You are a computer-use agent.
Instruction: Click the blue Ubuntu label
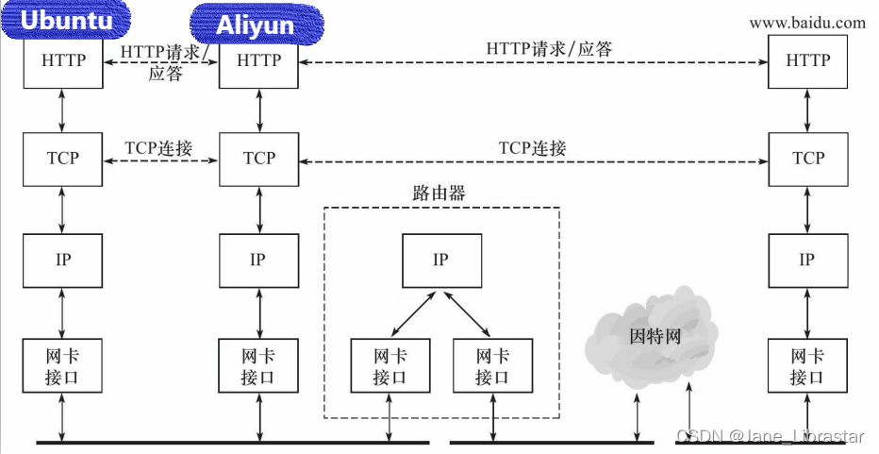(65, 21)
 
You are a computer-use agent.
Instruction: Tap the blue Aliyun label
(257, 24)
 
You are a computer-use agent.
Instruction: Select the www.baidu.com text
(806, 23)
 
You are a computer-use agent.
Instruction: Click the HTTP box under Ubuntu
(63, 60)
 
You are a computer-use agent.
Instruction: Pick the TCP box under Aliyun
(258, 158)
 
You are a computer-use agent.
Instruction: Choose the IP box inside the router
(440, 260)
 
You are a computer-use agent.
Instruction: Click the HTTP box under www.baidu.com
(807, 60)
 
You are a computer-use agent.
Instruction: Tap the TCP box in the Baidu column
(807, 158)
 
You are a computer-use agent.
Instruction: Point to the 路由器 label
(439, 193)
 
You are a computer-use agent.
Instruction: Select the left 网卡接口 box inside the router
(390, 365)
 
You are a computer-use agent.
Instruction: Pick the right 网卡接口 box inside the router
(491, 365)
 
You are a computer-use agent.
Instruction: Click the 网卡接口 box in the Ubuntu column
(63, 365)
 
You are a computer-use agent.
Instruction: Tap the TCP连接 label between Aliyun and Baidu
(533, 148)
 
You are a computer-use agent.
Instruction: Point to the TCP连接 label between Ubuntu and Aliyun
(158, 148)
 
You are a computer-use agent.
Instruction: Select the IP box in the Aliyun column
(258, 260)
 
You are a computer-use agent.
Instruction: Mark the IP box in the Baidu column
(807, 260)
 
